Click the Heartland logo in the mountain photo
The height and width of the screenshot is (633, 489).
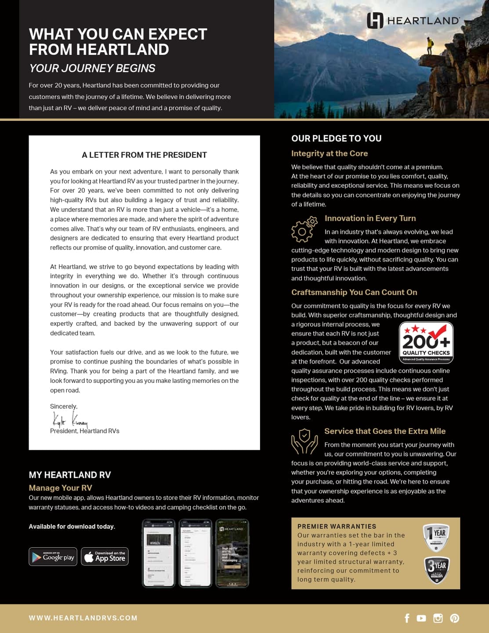(413, 20)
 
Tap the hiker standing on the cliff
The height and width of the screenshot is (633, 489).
(430, 46)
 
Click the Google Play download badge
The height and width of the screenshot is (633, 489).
(53, 557)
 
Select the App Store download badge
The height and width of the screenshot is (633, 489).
(105, 557)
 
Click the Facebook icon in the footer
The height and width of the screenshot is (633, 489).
(407, 618)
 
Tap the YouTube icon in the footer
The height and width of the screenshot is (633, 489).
(421, 618)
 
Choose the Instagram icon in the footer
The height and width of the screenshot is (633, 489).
(438, 618)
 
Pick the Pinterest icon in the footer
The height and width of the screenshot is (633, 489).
(455, 618)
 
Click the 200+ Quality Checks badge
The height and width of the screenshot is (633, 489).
(426, 342)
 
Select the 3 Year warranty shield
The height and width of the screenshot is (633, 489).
(436, 570)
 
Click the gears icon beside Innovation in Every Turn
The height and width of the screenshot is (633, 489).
(304, 229)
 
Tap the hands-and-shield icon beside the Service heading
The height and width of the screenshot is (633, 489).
(304, 441)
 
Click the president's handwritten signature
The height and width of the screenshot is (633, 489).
(69, 419)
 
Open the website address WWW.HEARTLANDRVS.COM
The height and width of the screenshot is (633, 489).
(83, 618)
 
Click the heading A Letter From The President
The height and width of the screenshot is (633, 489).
(144, 155)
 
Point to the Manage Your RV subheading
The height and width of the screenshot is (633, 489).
(60, 488)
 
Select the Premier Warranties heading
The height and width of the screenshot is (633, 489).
(337, 526)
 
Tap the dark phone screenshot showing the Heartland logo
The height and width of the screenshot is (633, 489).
(232, 553)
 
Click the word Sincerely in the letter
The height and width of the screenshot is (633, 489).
(63, 406)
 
